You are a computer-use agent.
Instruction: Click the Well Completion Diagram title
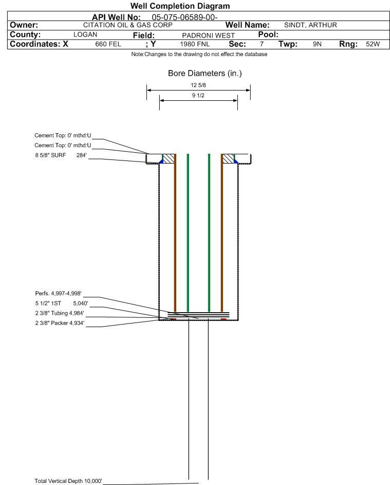tap(180, 6)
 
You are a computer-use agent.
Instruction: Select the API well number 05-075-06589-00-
tap(184, 17)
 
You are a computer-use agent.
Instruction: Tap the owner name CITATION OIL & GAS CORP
tap(128, 25)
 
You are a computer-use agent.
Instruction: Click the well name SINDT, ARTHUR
tap(310, 25)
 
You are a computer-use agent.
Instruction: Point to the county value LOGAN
tap(85, 34)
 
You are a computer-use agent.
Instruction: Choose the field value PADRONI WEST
tap(208, 35)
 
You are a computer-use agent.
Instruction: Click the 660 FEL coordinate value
tap(108, 44)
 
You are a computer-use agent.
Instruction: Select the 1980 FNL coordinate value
tap(195, 44)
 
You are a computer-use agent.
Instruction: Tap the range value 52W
tap(373, 44)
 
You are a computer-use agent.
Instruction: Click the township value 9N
tap(317, 44)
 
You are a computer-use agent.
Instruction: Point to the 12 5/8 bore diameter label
tap(198, 85)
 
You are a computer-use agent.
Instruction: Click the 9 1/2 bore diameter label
tap(198, 96)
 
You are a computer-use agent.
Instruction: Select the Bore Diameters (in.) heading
tap(205, 74)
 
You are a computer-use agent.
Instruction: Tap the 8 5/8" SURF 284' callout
tap(61, 155)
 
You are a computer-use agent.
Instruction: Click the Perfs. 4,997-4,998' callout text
tap(59, 294)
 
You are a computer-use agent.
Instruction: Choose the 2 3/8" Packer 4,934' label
tap(60, 323)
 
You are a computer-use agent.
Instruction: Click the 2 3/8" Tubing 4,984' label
tap(59, 313)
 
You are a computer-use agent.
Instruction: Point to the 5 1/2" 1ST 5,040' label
tap(62, 303)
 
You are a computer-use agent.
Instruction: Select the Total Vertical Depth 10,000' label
tap(68, 481)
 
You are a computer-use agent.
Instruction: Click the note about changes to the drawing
tap(199, 54)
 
